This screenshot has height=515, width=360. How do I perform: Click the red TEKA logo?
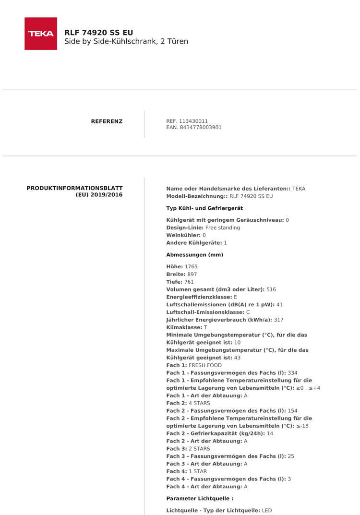pos(41,34)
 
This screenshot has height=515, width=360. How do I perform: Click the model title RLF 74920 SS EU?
pos(99,32)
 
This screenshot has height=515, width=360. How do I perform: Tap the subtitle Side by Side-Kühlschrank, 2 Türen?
pos(126,42)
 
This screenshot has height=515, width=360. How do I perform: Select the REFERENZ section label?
pos(107,121)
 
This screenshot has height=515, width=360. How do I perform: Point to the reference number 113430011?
pos(193,121)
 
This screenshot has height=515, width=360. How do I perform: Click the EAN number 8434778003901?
pos(201,128)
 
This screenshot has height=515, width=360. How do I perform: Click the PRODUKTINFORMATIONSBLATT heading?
pos(74,188)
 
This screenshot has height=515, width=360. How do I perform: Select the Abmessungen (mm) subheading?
pos(194,255)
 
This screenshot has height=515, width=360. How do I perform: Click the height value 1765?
pos(191,266)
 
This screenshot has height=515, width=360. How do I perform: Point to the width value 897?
pos(192,274)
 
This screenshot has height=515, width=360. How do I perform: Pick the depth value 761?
pos(189,282)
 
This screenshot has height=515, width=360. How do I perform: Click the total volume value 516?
pos(271,289)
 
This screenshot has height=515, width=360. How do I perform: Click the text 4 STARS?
pos(199,403)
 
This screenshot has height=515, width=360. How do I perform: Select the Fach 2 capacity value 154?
pos(293,411)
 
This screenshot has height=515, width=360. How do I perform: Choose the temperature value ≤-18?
pos(302,426)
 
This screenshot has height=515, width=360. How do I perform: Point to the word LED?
pos(267,510)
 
